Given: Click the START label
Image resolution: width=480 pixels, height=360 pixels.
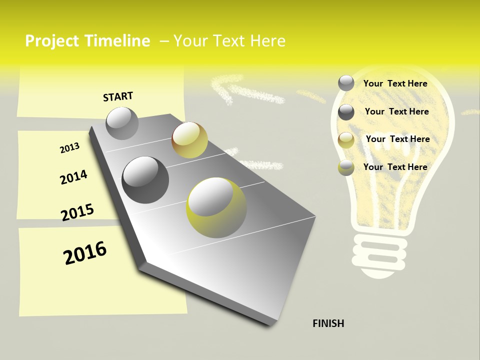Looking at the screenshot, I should [x=118, y=96].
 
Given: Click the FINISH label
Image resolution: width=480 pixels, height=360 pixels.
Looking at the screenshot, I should [x=328, y=323].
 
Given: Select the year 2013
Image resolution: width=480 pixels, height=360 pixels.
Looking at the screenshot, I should [x=69, y=147].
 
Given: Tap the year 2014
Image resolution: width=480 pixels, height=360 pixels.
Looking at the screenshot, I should [x=73, y=177].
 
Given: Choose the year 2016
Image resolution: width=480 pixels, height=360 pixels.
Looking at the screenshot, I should [x=85, y=252].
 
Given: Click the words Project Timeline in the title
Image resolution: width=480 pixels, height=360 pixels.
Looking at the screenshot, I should [x=87, y=41].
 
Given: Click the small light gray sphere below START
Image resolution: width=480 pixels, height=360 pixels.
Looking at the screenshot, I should [x=122, y=123].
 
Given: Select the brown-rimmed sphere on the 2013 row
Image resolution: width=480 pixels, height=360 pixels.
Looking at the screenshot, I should [x=189, y=140].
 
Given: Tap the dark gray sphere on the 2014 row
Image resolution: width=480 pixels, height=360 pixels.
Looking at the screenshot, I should [x=145, y=179].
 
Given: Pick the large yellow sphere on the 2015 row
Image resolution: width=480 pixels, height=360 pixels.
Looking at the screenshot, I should [x=216, y=207].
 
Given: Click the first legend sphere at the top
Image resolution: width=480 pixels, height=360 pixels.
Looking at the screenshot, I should [x=346, y=83].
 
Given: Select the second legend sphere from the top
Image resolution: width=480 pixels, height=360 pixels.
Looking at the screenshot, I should [x=346, y=112].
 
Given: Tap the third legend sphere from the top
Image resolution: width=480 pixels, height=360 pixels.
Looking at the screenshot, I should [x=346, y=140].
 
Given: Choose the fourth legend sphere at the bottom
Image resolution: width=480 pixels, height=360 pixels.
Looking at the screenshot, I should [x=346, y=167].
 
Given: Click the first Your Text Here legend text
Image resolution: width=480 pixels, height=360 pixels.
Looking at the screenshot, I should [x=395, y=83].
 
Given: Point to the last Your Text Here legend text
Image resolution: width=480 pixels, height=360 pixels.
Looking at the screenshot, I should [x=395, y=167].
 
